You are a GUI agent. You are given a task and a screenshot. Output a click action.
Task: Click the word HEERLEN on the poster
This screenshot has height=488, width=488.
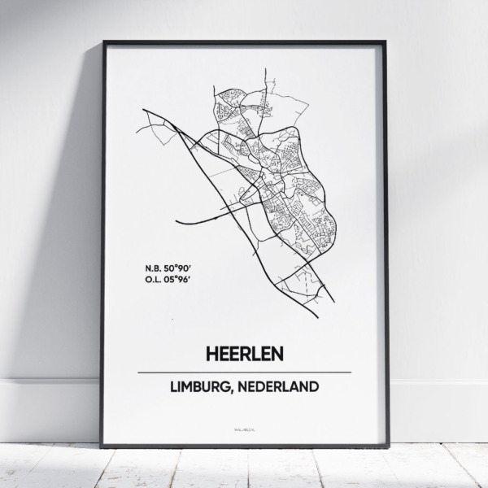tap(244, 355)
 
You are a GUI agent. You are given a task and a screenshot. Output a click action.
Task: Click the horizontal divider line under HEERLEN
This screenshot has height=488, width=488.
tap(244, 373)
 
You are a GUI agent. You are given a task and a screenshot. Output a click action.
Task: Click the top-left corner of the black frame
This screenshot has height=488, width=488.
tap(102, 41)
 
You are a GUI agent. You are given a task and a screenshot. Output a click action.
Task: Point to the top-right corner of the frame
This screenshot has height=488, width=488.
tap(386, 41)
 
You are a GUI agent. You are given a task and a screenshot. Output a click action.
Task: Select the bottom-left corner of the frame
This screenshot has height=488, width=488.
tap(102, 447)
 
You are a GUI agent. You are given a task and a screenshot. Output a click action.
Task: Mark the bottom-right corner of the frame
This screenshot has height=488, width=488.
tap(387, 447)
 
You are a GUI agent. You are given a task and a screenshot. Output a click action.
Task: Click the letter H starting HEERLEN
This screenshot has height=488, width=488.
tap(203, 355)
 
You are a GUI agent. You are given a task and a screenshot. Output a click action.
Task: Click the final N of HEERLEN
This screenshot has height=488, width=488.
tap(285, 355)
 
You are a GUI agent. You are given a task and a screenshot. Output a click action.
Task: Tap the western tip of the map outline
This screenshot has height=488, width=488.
tap(143, 108)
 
